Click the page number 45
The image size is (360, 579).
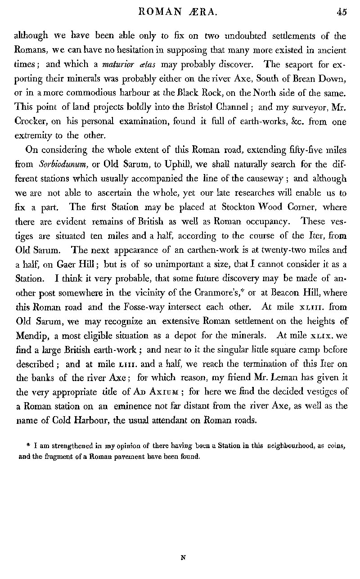[x=342, y=13]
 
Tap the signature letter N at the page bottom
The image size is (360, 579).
[x=183, y=557]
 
